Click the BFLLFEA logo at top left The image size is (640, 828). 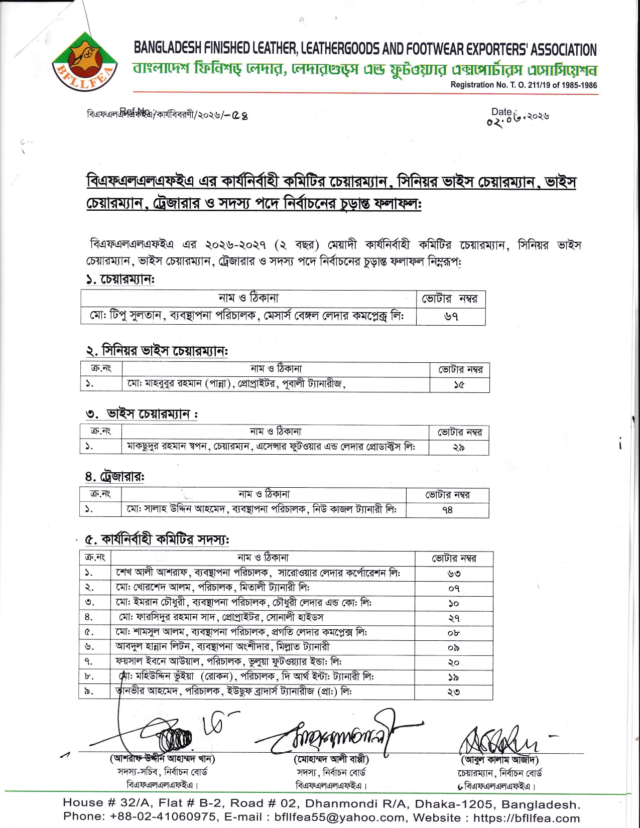[85, 63]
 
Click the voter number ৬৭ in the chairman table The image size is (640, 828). [451, 317]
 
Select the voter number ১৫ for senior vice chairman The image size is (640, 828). [459, 384]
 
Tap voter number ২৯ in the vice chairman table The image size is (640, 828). [458, 447]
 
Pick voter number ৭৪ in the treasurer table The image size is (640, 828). [447, 510]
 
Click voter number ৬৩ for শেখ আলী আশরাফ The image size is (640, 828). [454, 573]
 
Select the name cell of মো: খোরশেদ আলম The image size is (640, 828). [213, 587]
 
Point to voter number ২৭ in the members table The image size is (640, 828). [454, 618]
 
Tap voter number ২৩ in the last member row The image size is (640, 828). [454, 692]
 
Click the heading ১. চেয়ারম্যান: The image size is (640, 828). [120, 280]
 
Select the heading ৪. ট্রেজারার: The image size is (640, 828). [114, 476]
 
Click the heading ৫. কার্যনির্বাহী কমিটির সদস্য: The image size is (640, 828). [157, 540]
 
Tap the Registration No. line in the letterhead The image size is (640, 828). [524, 85]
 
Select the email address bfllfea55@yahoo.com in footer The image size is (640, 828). [340, 817]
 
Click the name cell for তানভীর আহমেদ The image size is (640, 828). [234, 692]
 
